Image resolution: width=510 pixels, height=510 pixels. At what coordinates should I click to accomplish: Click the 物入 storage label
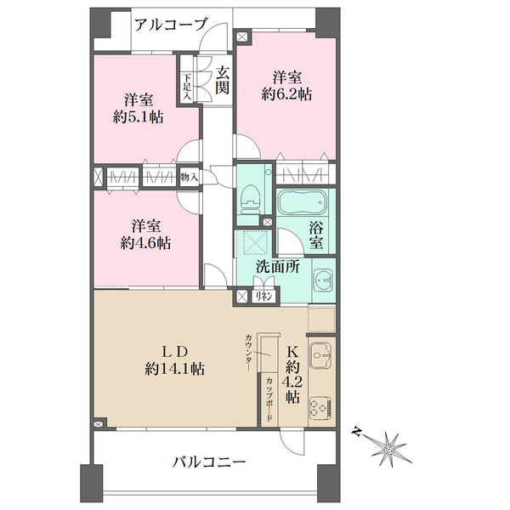189,178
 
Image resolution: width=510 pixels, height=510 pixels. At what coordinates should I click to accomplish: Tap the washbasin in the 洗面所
323,280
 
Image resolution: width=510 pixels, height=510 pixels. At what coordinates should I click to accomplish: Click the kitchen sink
320,358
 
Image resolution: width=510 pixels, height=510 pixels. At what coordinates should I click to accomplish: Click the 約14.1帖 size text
175,369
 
